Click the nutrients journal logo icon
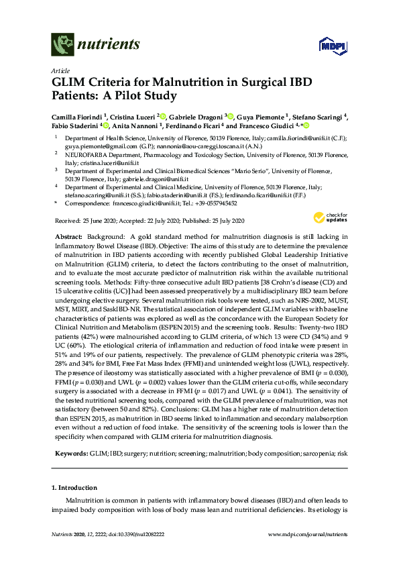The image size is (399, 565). coord(62,45)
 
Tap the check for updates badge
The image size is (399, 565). coord(327,217)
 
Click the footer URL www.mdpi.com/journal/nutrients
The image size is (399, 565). coord(307,552)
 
